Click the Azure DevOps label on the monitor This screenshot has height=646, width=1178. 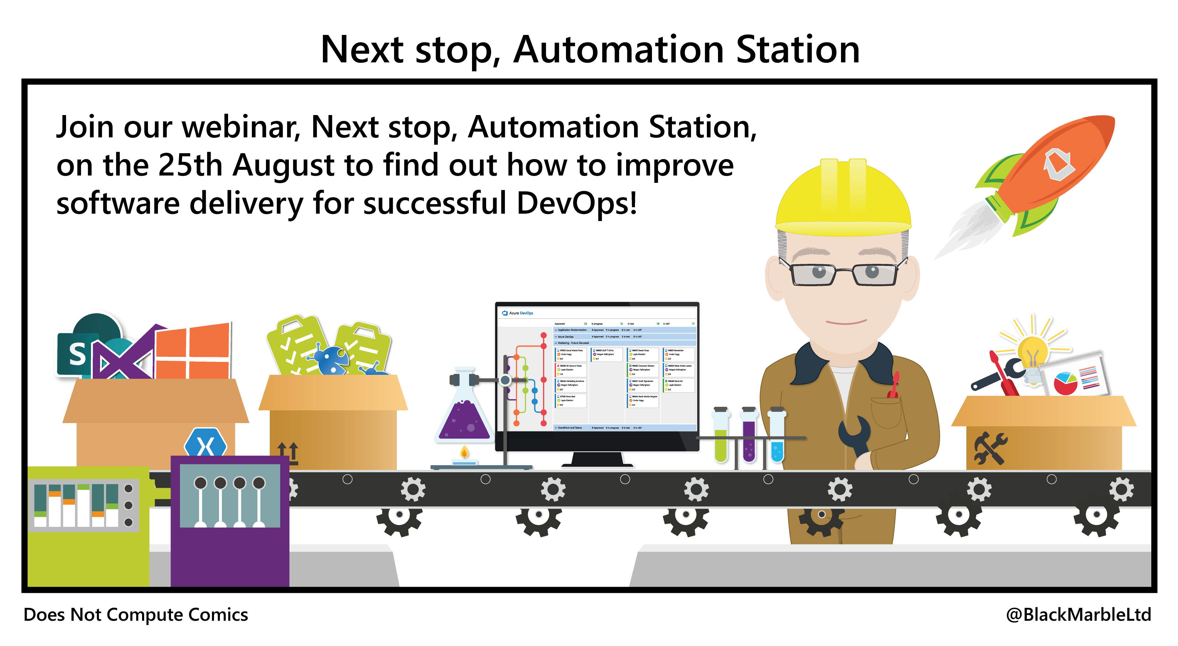click(520, 313)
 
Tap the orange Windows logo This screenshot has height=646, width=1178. click(192, 352)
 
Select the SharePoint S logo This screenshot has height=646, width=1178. click(77, 354)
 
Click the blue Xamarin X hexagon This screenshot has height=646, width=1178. click(205, 443)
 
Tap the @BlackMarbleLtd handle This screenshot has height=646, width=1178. click(1078, 615)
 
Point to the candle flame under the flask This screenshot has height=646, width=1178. click(464, 453)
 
